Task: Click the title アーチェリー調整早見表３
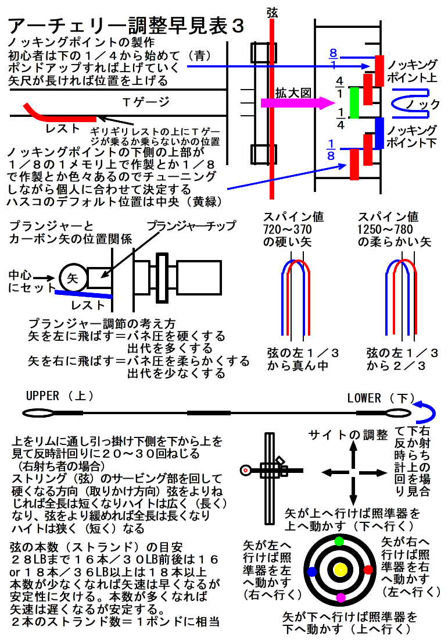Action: tap(125, 26)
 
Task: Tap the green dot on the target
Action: tap(339, 542)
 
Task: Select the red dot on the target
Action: tap(368, 569)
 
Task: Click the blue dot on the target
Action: tap(312, 571)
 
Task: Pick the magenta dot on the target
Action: tap(341, 597)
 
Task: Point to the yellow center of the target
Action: tap(340, 569)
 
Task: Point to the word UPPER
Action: tap(42, 396)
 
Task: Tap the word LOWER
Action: tap(364, 398)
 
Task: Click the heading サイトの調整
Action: tap(348, 435)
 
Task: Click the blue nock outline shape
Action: tap(410, 104)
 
